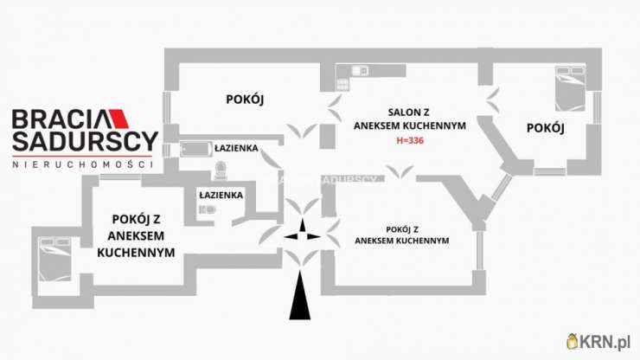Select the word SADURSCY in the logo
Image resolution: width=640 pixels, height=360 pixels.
[x=84, y=141]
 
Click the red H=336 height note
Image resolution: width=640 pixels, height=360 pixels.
[x=412, y=140]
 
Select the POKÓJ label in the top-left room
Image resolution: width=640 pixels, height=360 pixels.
[x=244, y=100]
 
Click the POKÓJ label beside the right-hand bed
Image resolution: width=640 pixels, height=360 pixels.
[x=545, y=128]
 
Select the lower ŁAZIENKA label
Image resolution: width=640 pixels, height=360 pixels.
[x=221, y=196]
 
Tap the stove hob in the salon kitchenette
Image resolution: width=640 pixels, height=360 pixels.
[x=341, y=83]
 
